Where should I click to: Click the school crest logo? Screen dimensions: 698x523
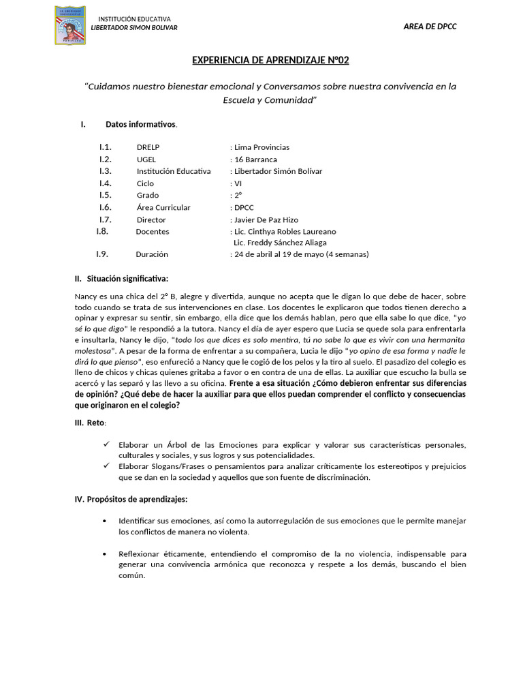click(70, 25)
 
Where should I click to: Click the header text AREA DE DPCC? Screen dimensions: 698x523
click(430, 27)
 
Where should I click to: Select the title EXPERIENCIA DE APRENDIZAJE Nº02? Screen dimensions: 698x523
click(270, 61)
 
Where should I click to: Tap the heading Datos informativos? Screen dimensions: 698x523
click(141, 124)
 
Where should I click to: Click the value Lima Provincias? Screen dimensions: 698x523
click(261, 147)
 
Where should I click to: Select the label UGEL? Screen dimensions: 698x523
click(146, 160)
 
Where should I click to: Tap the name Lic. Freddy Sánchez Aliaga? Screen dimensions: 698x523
click(280, 243)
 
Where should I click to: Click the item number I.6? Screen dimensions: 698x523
click(105, 207)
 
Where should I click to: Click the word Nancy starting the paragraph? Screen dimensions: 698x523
click(85, 297)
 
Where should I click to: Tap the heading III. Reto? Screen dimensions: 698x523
click(91, 423)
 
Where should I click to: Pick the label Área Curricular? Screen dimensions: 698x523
click(163, 207)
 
